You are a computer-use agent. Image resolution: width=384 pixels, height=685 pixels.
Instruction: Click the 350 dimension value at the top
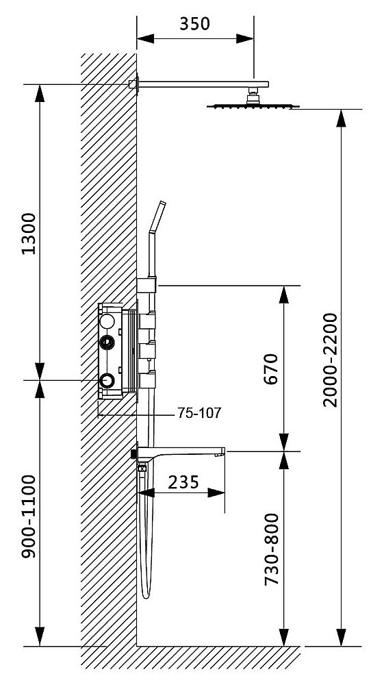(194, 24)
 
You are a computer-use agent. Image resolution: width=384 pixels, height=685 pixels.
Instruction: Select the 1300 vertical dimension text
(28, 234)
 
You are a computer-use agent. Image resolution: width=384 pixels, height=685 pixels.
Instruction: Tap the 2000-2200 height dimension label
(331, 360)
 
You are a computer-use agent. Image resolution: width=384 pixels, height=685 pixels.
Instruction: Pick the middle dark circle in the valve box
(107, 343)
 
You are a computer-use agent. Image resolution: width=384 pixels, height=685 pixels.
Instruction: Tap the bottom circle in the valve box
(107, 381)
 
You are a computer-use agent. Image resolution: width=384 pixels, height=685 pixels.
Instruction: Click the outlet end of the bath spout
(220, 451)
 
